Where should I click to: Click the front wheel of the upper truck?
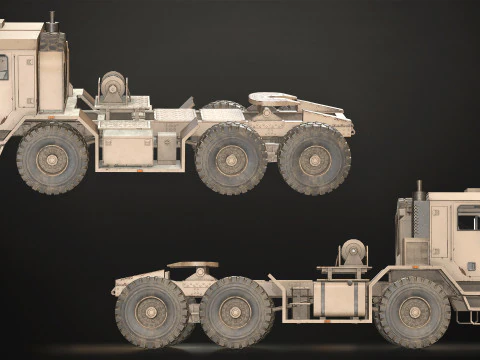click(x=52, y=158)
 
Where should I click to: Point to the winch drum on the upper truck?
click(x=112, y=86)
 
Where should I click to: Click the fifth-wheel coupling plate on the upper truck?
click(x=272, y=98)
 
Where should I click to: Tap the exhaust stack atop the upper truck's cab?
click(x=52, y=20)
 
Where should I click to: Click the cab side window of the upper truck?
click(x=3, y=68)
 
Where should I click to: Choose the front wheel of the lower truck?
click(x=413, y=311)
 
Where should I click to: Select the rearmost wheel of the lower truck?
click(x=151, y=311)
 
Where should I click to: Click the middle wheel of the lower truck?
click(x=236, y=311)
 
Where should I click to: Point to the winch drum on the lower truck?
click(x=352, y=252)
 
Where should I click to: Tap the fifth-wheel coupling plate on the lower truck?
click(x=193, y=265)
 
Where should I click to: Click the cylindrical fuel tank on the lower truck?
click(x=340, y=299)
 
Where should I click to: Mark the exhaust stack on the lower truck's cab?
click(x=418, y=189)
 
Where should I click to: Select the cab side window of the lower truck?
click(x=467, y=218)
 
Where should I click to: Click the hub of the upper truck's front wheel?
click(x=52, y=158)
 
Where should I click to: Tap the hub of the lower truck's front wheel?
click(x=413, y=311)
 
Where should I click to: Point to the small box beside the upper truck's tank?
click(x=166, y=148)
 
